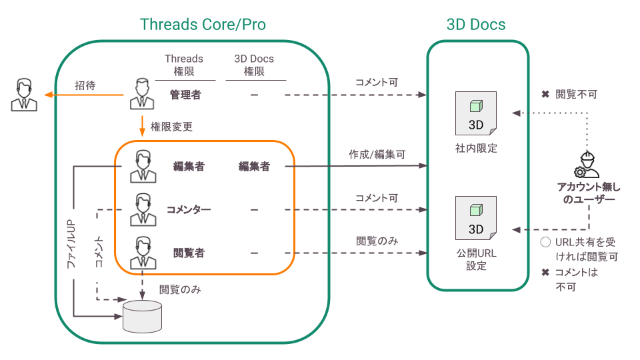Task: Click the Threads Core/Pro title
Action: coord(203,25)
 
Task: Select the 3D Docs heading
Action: coord(476,25)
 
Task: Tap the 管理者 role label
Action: coord(185,95)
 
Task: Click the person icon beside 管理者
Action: coord(142,94)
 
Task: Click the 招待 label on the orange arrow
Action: coord(85,85)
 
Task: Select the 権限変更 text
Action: coord(172,126)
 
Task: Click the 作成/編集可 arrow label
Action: coord(377,154)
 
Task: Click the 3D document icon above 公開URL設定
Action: coord(475,218)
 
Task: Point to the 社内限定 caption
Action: coord(475,148)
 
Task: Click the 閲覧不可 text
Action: coord(576,95)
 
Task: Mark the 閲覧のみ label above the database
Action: coord(180,290)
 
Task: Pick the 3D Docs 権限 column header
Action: coord(254,65)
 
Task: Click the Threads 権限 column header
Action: coord(184,65)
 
